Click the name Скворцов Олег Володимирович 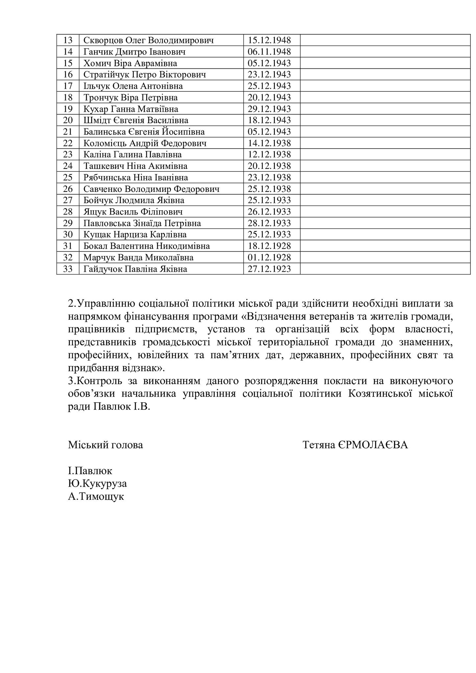(148, 40)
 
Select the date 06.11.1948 (269, 52)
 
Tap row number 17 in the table (68, 86)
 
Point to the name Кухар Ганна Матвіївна (131, 109)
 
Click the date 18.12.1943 (269, 120)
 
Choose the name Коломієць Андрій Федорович (145, 143)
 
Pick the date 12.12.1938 (269, 154)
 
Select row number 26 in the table (68, 189)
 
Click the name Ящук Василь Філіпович (133, 212)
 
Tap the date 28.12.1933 (269, 223)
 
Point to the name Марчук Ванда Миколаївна (138, 257)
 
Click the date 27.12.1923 (269, 269)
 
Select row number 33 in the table (68, 269)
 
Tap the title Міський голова (106, 445)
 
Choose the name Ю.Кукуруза (97, 483)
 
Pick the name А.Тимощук (96, 496)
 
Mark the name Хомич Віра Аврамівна (130, 63)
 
